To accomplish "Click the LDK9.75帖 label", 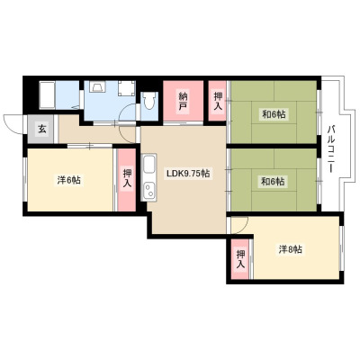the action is (x=188, y=174).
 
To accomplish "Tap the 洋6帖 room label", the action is (x=68, y=180).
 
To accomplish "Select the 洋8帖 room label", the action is (x=291, y=249).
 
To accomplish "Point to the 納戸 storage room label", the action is (x=183, y=102).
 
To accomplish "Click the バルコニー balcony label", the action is (x=331, y=149).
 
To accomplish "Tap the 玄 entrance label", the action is (x=42, y=130).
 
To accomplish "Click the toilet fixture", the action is (x=149, y=101).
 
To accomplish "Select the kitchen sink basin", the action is (x=148, y=165).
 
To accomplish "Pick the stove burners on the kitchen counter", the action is (x=148, y=191).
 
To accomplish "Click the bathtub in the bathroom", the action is (x=47, y=94).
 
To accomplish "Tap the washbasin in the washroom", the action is (x=98, y=86).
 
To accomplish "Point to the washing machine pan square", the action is (x=127, y=88).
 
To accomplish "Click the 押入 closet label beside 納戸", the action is (x=218, y=102).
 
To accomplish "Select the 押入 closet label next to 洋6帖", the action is (x=127, y=179).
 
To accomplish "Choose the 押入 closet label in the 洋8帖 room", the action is (x=240, y=259).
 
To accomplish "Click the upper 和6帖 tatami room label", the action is (x=274, y=114).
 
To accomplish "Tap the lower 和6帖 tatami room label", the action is (x=273, y=182).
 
